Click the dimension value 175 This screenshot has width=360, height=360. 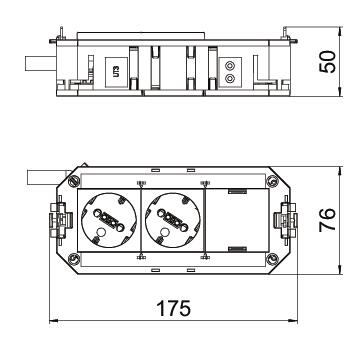pos(174,308)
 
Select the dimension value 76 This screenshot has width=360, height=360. pos(328,220)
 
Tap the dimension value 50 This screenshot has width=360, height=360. pos(328,62)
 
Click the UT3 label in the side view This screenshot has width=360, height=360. pos(116,72)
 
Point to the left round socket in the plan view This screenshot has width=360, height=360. pos(108,220)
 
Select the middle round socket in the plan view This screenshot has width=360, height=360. pos(173,220)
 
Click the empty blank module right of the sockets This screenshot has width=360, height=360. pos(236,220)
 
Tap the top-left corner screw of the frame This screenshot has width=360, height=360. pos(74,181)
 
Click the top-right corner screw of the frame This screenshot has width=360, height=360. pos(272,181)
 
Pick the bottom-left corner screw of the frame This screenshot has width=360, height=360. pos(73,259)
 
